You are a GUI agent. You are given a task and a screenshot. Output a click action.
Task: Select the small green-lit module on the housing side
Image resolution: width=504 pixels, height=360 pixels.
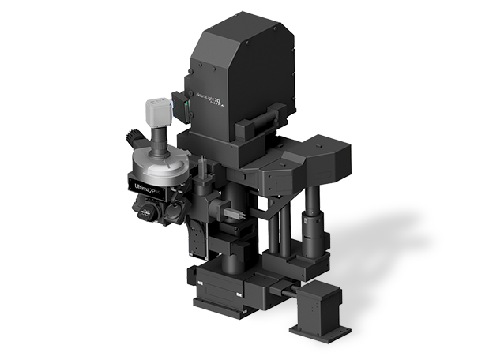pos(187,111)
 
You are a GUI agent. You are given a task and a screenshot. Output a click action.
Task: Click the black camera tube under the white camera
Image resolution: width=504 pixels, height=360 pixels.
pos(159,142)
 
